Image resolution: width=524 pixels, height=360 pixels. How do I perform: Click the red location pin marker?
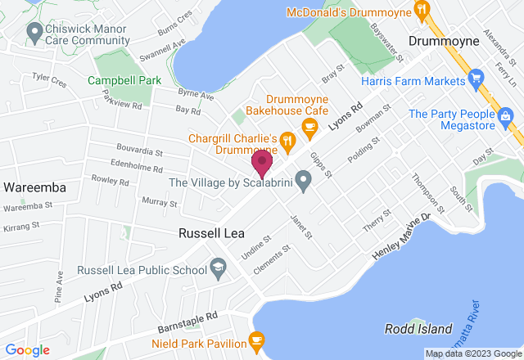click(x=262, y=162)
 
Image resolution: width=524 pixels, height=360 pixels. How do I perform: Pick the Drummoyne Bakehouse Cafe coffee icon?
click(x=309, y=125)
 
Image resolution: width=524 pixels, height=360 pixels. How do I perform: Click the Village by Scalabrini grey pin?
click(x=304, y=179)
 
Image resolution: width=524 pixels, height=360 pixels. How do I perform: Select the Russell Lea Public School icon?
click(x=218, y=266)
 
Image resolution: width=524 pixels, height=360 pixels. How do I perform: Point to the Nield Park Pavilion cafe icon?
click(x=256, y=340)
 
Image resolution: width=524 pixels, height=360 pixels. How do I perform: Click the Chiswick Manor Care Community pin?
click(x=34, y=32)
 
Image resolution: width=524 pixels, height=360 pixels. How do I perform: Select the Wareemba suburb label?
click(x=34, y=187)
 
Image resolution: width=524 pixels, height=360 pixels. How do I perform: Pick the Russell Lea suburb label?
click(x=212, y=233)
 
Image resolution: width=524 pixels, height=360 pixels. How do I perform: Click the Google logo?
click(x=26, y=350)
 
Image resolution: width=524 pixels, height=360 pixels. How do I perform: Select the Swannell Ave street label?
click(x=162, y=51)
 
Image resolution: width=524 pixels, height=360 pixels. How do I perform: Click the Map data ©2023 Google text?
click(x=472, y=353)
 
